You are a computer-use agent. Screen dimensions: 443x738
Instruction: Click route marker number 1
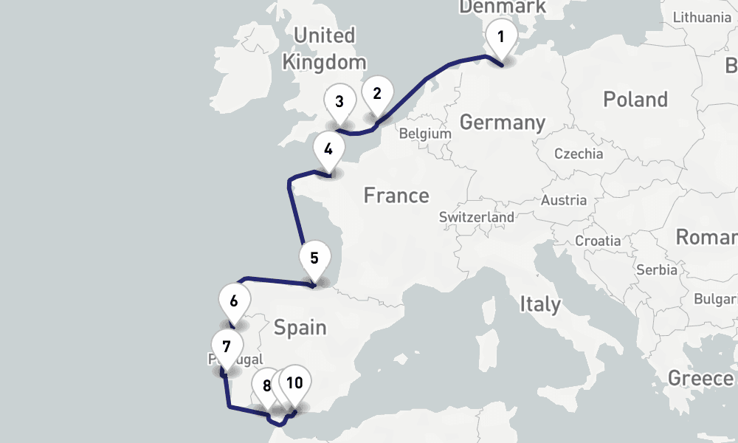click(x=501, y=36)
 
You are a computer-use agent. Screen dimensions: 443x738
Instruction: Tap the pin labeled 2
click(x=377, y=94)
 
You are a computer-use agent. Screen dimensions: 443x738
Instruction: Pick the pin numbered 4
click(x=328, y=150)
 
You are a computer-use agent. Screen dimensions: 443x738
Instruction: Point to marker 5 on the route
click(x=314, y=259)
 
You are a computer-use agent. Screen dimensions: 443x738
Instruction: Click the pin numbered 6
click(x=234, y=301)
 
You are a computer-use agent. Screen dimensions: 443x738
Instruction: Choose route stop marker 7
click(x=227, y=346)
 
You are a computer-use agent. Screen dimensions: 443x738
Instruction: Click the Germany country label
click(x=502, y=123)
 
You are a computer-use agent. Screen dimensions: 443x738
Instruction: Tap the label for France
click(x=396, y=196)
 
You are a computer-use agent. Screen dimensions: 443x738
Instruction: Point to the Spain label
click(x=300, y=327)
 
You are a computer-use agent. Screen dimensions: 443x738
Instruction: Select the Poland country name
click(x=635, y=100)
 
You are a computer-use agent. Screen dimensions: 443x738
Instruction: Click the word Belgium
click(x=424, y=134)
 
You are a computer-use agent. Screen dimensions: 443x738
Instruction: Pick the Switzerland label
click(x=476, y=218)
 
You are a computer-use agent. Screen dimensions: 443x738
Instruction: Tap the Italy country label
click(x=539, y=303)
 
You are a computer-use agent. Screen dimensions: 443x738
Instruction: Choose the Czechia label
click(x=579, y=154)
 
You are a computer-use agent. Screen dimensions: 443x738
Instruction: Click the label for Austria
click(x=564, y=200)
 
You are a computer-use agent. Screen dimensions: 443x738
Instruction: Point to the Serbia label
click(x=656, y=269)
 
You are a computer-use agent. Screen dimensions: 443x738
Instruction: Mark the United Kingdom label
click(x=324, y=48)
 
